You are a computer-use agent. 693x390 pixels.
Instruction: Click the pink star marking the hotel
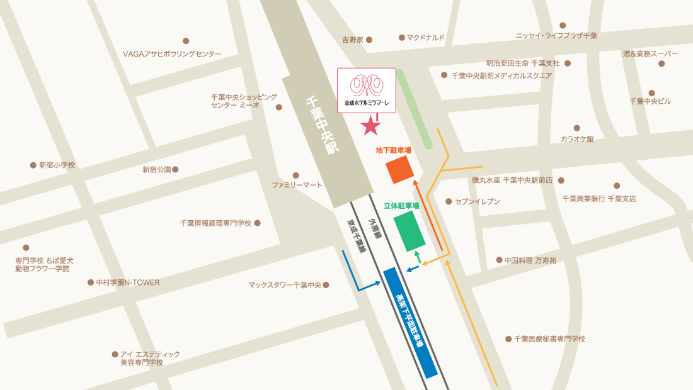point(371,126)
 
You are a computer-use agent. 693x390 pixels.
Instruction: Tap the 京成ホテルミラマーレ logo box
point(367,90)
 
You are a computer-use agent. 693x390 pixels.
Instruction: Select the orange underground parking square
point(400,169)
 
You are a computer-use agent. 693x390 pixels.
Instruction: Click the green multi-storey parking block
point(409,230)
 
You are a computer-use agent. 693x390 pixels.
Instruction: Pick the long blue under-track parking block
point(410,323)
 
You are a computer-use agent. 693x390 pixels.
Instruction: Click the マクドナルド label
point(425,38)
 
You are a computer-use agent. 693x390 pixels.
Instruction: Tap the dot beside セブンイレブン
point(449,201)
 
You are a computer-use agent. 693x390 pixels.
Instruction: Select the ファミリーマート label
point(297,185)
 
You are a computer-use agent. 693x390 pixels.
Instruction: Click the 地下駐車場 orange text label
point(393,150)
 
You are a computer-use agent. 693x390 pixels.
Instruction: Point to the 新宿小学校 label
point(57,165)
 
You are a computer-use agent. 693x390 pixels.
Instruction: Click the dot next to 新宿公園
point(175,169)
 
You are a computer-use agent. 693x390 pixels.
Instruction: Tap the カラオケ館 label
point(577,139)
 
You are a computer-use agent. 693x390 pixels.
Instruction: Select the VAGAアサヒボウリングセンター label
point(172,54)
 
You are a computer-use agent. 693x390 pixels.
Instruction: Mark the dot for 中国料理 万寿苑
point(499,260)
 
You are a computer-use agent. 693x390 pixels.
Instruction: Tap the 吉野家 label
point(353,40)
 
